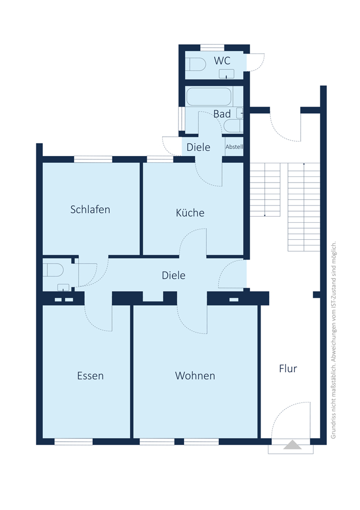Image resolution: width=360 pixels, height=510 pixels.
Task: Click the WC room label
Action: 222,61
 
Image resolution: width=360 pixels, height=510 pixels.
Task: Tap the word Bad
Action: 222,114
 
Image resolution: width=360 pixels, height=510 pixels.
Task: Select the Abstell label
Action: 234,147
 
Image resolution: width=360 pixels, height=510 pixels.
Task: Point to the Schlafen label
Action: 90,210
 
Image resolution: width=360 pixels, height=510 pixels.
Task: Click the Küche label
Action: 190,213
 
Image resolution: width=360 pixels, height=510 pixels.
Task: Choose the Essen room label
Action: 90,376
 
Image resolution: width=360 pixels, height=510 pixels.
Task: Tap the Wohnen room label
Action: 195,376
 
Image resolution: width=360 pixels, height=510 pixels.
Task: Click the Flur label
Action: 288,369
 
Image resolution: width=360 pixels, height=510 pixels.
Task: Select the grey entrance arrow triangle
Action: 292,445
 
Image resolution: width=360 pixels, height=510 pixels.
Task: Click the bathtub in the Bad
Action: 209,96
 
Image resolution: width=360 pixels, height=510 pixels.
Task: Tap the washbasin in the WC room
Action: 226,74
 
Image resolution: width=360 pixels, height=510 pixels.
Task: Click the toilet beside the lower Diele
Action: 53,270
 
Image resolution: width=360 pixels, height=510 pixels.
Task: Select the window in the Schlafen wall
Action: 93,159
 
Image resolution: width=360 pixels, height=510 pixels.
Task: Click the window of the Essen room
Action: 73,441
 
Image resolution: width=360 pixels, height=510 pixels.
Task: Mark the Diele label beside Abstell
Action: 198,147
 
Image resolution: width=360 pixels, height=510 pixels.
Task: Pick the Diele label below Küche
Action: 174,275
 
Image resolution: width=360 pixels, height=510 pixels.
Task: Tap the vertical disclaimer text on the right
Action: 333,340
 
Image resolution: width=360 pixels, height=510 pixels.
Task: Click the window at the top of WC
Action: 212,48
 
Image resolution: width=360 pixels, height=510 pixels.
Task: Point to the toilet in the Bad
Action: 234,126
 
